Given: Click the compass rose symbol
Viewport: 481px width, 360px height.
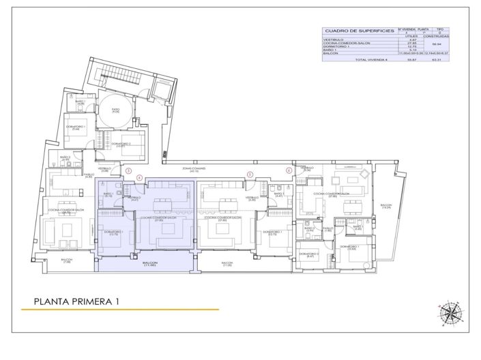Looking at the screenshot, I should [x=450, y=312].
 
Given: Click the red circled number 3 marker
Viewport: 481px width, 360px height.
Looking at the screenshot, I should [x=128, y=170].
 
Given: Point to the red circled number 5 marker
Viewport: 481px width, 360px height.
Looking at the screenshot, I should [x=250, y=174].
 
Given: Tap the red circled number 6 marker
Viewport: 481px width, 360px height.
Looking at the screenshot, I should [x=289, y=170].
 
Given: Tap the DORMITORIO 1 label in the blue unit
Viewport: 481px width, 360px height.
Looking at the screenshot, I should [x=113, y=232].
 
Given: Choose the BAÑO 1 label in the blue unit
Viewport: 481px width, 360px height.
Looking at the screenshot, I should [x=108, y=194].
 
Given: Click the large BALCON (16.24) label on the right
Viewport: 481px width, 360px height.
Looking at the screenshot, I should [x=387, y=205].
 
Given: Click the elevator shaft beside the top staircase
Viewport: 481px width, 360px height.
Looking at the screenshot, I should [x=161, y=88].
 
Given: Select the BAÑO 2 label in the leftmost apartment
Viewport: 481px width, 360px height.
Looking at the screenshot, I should [x=65, y=157].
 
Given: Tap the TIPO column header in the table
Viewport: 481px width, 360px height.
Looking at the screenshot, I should [x=441, y=29].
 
